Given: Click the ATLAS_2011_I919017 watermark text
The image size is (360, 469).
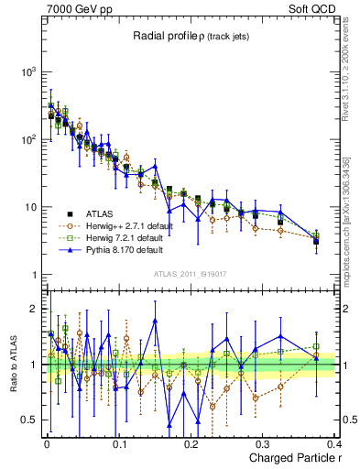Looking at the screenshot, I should (191, 273).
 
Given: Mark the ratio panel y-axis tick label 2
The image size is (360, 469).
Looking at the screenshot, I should (33, 309).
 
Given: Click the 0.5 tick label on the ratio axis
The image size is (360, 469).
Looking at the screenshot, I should (29, 420).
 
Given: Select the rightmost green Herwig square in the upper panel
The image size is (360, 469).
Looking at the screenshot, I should (316, 236).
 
